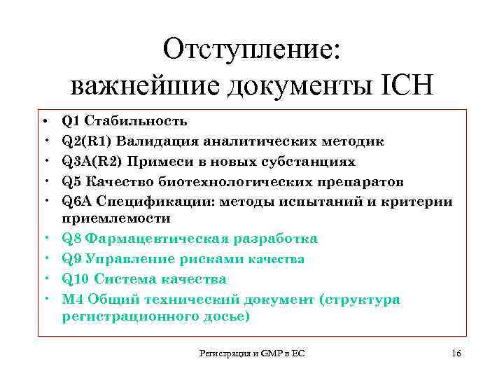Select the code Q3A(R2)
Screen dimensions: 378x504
(91, 162)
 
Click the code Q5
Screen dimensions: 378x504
(71, 182)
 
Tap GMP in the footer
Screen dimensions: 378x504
(270, 354)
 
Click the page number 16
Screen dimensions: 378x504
(456, 353)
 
